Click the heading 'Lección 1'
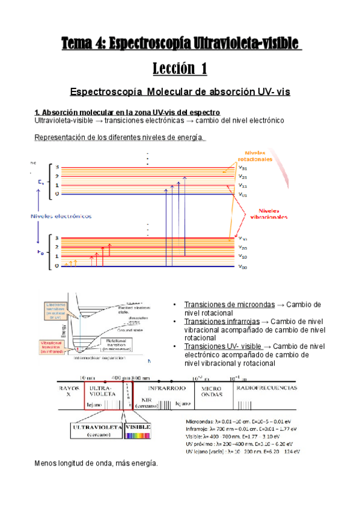(x=179, y=69)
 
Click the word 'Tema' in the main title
(x=79, y=43)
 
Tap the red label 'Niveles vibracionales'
(x=268, y=214)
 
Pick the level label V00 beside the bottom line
(x=243, y=266)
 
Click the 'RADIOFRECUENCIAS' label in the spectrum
(x=267, y=389)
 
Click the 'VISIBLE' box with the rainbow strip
(x=138, y=431)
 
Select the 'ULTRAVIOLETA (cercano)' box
(x=96, y=431)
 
